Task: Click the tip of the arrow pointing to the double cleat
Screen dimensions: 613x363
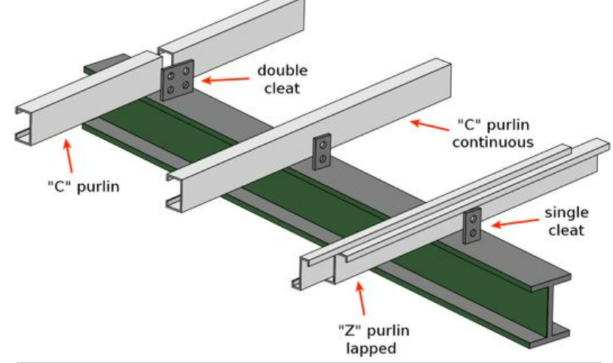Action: [x=202, y=81]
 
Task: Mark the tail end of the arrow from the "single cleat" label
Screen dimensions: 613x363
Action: [x=540, y=220]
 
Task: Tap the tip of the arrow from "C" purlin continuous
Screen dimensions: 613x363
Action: [x=411, y=122]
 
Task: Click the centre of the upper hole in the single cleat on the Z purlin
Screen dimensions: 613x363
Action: [x=474, y=219]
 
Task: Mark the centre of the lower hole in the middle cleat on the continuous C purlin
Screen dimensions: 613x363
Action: [x=322, y=159]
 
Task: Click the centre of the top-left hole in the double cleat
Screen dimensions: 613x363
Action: [x=171, y=76]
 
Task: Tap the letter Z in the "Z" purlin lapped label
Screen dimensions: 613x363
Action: [x=350, y=331]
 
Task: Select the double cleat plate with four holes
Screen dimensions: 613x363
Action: [x=177, y=80]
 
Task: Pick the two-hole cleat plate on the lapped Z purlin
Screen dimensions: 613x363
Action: [x=472, y=226]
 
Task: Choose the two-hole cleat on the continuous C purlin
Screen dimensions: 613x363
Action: [x=321, y=152]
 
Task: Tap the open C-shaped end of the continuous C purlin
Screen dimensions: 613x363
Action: [x=174, y=192]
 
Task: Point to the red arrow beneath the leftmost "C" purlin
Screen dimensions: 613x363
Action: [x=68, y=156]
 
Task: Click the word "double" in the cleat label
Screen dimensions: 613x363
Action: [x=283, y=70]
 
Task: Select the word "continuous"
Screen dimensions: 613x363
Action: [x=493, y=142]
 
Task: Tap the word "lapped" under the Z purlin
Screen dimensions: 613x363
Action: [x=371, y=349]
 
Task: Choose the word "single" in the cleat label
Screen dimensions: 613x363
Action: [x=567, y=213]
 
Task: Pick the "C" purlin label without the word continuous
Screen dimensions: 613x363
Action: [x=84, y=186]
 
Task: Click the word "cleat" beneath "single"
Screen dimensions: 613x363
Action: [x=567, y=230]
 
